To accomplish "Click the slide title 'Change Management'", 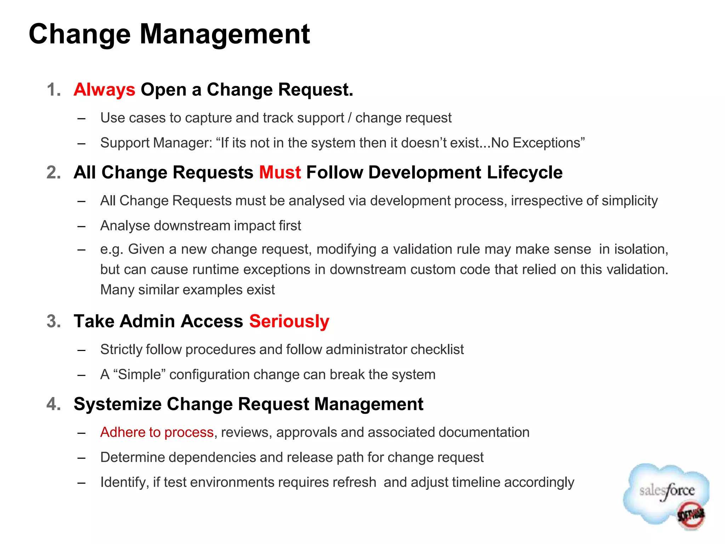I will click(x=169, y=34).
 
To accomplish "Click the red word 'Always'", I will click(x=104, y=90).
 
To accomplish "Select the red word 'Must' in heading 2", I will click(x=280, y=172).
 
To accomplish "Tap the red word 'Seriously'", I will click(x=289, y=321).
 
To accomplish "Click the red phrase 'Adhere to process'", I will click(x=157, y=432).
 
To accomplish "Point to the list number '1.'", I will click(x=54, y=90).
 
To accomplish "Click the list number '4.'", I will click(x=54, y=404).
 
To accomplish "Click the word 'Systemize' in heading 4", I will click(x=118, y=404).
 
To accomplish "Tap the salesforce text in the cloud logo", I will click(x=667, y=491).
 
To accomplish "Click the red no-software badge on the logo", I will click(x=691, y=515).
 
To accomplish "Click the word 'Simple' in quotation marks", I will click(x=139, y=375).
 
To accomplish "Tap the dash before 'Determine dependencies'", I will click(x=82, y=458).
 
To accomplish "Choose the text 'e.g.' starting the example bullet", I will click(x=112, y=250).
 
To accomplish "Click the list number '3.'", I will click(x=54, y=321).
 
